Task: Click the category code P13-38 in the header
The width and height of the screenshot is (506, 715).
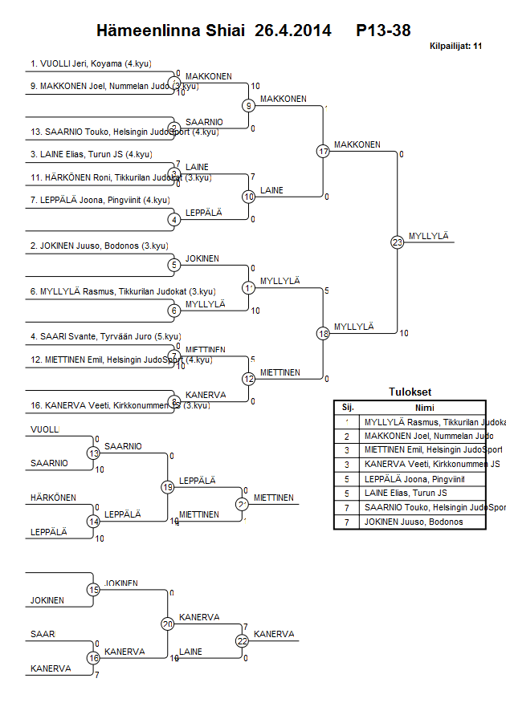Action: (x=383, y=31)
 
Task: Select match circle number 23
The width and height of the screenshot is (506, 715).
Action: (x=397, y=242)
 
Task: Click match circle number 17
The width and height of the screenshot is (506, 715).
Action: (x=323, y=151)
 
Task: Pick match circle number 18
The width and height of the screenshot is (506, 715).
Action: (x=323, y=333)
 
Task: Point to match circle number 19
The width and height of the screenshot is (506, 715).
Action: (x=168, y=486)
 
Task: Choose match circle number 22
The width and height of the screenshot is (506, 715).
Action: (x=243, y=640)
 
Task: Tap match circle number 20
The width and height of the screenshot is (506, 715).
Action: (x=168, y=624)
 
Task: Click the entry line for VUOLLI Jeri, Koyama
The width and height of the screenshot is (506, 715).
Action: (x=92, y=63)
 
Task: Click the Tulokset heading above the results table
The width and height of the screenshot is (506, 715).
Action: (x=410, y=392)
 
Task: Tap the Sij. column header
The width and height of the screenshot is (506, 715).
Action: (x=348, y=407)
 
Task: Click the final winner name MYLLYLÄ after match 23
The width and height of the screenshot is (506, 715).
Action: (x=428, y=236)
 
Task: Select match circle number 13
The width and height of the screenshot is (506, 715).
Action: (x=93, y=453)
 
